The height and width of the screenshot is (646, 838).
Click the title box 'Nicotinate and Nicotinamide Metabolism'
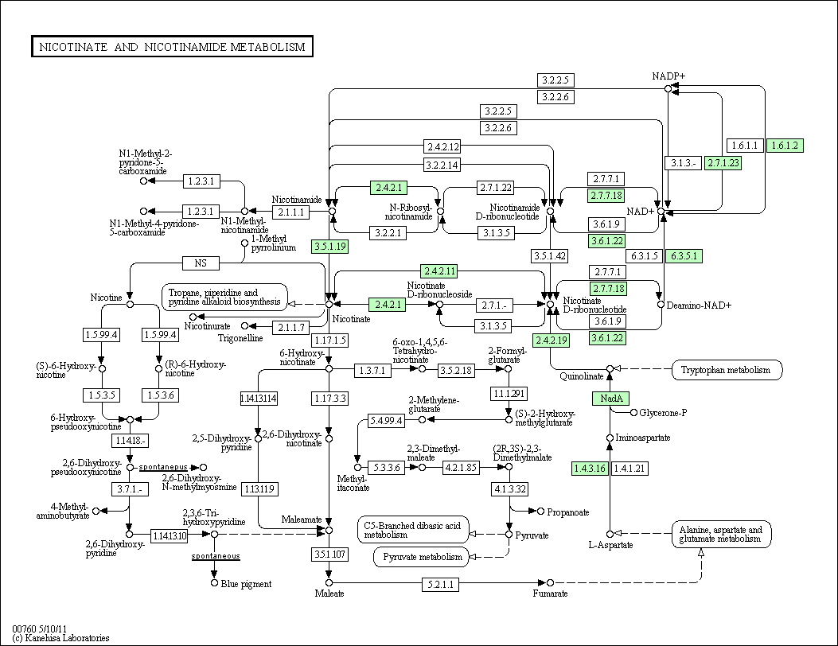point(172,46)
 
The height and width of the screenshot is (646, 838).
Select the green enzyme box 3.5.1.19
point(329,247)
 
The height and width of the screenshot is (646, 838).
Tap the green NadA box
point(610,398)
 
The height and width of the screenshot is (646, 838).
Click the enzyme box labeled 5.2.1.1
point(440,584)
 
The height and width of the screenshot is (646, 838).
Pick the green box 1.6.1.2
point(785,146)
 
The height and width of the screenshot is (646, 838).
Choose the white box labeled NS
point(201,263)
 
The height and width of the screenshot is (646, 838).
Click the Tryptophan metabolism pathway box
point(727,370)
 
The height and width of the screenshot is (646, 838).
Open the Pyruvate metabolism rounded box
point(422,557)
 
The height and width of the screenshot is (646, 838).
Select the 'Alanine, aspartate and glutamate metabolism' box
point(722,534)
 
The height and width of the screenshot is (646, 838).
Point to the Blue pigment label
point(246,584)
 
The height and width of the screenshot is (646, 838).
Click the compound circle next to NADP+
point(668,88)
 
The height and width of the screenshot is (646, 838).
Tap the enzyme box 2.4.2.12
point(442,146)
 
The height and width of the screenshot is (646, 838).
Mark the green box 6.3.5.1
point(684,256)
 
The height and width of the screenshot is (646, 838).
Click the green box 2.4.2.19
point(551,340)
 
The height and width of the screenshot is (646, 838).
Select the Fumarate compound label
point(550,593)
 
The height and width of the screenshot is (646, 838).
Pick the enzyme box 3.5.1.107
point(329,554)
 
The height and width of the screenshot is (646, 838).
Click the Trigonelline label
point(240,338)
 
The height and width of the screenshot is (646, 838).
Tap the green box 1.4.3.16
point(590,468)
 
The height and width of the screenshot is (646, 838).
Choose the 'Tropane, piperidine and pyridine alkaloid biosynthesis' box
point(224,297)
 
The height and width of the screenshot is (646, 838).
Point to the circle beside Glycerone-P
point(633,412)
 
